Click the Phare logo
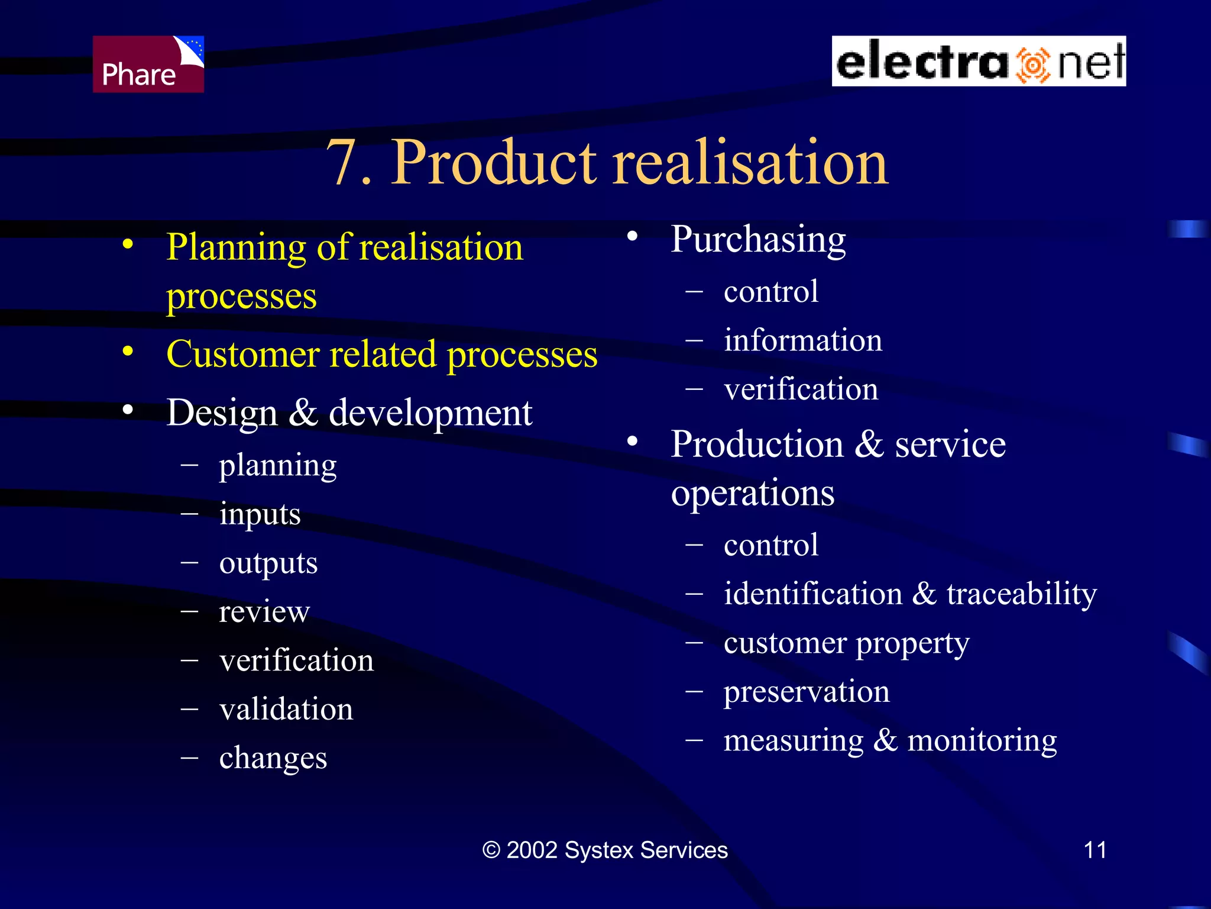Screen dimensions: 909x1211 [148, 64]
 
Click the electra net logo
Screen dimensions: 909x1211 [979, 62]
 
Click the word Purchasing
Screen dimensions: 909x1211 [758, 240]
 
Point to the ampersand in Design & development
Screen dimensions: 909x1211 [303, 412]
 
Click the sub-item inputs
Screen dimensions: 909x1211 [260, 514]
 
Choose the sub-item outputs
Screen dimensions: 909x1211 [268, 563]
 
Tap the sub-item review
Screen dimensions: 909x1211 [264, 611]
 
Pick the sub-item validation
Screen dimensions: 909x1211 [286, 709]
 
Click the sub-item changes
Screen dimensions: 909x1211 [273, 758]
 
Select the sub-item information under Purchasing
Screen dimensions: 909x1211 [802, 340]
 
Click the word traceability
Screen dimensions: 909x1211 [1021, 594]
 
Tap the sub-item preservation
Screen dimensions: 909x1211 [807, 692]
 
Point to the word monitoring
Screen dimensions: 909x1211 [982, 740]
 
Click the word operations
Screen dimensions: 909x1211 [752, 494]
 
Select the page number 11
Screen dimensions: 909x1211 [1095, 850]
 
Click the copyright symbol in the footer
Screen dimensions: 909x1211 [491, 850]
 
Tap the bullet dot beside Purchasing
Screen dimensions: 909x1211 [632, 237]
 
